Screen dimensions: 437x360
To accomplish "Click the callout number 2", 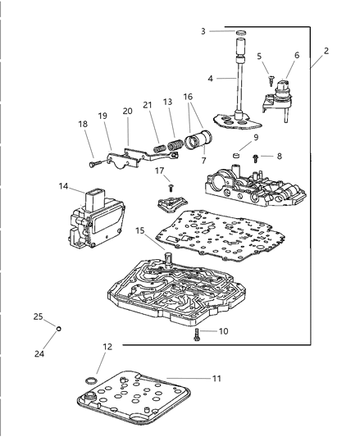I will coord(326,51).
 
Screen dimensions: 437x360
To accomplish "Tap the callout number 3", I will coord(203,31).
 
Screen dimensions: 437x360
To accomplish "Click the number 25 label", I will coord(38,316).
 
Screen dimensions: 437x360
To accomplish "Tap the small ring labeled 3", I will coord(241,33).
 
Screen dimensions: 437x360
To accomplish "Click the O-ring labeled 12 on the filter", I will coord(89,382).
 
